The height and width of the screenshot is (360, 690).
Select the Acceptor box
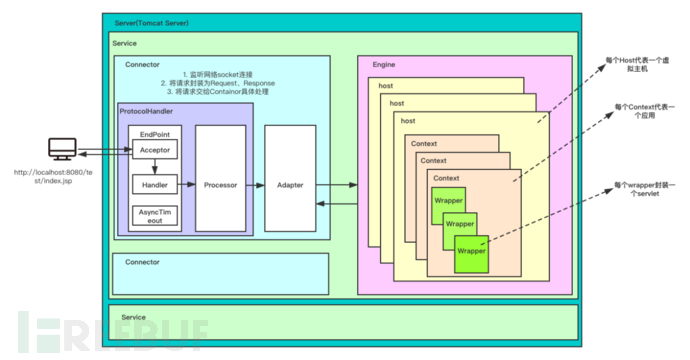tap(154, 150)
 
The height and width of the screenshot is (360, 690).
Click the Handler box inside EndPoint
tap(154, 185)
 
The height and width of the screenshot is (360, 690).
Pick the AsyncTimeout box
tap(154, 216)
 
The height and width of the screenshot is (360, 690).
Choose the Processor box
tap(220, 185)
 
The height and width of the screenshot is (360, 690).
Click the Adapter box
tap(290, 185)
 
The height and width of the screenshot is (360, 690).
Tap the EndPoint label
tap(154, 133)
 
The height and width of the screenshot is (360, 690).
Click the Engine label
tap(383, 64)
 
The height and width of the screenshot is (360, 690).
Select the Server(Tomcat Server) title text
tap(149, 22)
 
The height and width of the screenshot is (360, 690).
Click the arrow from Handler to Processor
tap(187, 185)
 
